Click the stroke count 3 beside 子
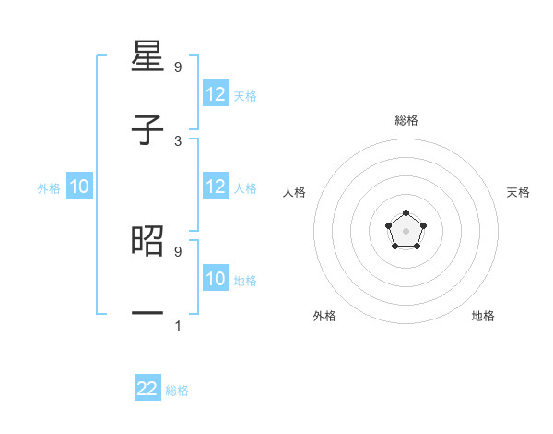pyautogui.click(x=178, y=140)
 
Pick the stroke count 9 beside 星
pyautogui.click(x=178, y=67)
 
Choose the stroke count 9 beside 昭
pyautogui.click(x=178, y=250)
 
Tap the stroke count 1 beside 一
pyautogui.click(x=178, y=325)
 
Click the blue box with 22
pyautogui.click(x=147, y=389)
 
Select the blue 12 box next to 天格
pyautogui.click(x=216, y=94)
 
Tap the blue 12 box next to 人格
pyautogui.click(x=216, y=187)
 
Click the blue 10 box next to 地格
pyautogui.click(x=216, y=279)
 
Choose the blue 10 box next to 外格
pyautogui.click(x=79, y=187)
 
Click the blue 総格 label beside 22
pyautogui.click(x=177, y=391)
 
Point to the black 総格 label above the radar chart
pyautogui.click(x=406, y=120)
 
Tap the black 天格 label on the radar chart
pyautogui.click(x=519, y=192)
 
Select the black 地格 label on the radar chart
pyautogui.click(x=483, y=316)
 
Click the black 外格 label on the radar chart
pyautogui.click(x=324, y=316)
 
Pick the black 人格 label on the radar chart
pyautogui.click(x=294, y=192)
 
